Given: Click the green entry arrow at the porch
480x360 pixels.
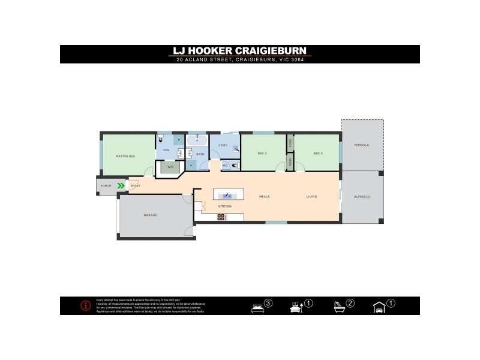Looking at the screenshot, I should [121, 186].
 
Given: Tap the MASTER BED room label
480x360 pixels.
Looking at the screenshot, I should [125, 157].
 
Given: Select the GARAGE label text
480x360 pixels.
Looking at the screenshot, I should [149, 215].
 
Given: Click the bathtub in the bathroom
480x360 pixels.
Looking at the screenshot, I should [197, 142].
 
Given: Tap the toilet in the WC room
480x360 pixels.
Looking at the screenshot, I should [235, 165].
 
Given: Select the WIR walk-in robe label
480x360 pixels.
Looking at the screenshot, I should [170, 167].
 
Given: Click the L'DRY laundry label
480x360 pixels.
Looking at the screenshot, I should [223, 145].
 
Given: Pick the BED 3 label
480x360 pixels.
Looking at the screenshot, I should [317, 154].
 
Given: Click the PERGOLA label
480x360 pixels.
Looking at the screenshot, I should [361, 145].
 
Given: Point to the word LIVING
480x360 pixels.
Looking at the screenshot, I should [311, 197].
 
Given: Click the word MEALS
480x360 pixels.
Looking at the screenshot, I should [264, 197].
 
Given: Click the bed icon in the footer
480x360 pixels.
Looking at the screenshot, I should [257, 307].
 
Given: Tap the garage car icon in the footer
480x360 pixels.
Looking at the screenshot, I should [379, 308].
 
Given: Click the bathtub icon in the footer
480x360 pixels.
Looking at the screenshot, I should [339, 307].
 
